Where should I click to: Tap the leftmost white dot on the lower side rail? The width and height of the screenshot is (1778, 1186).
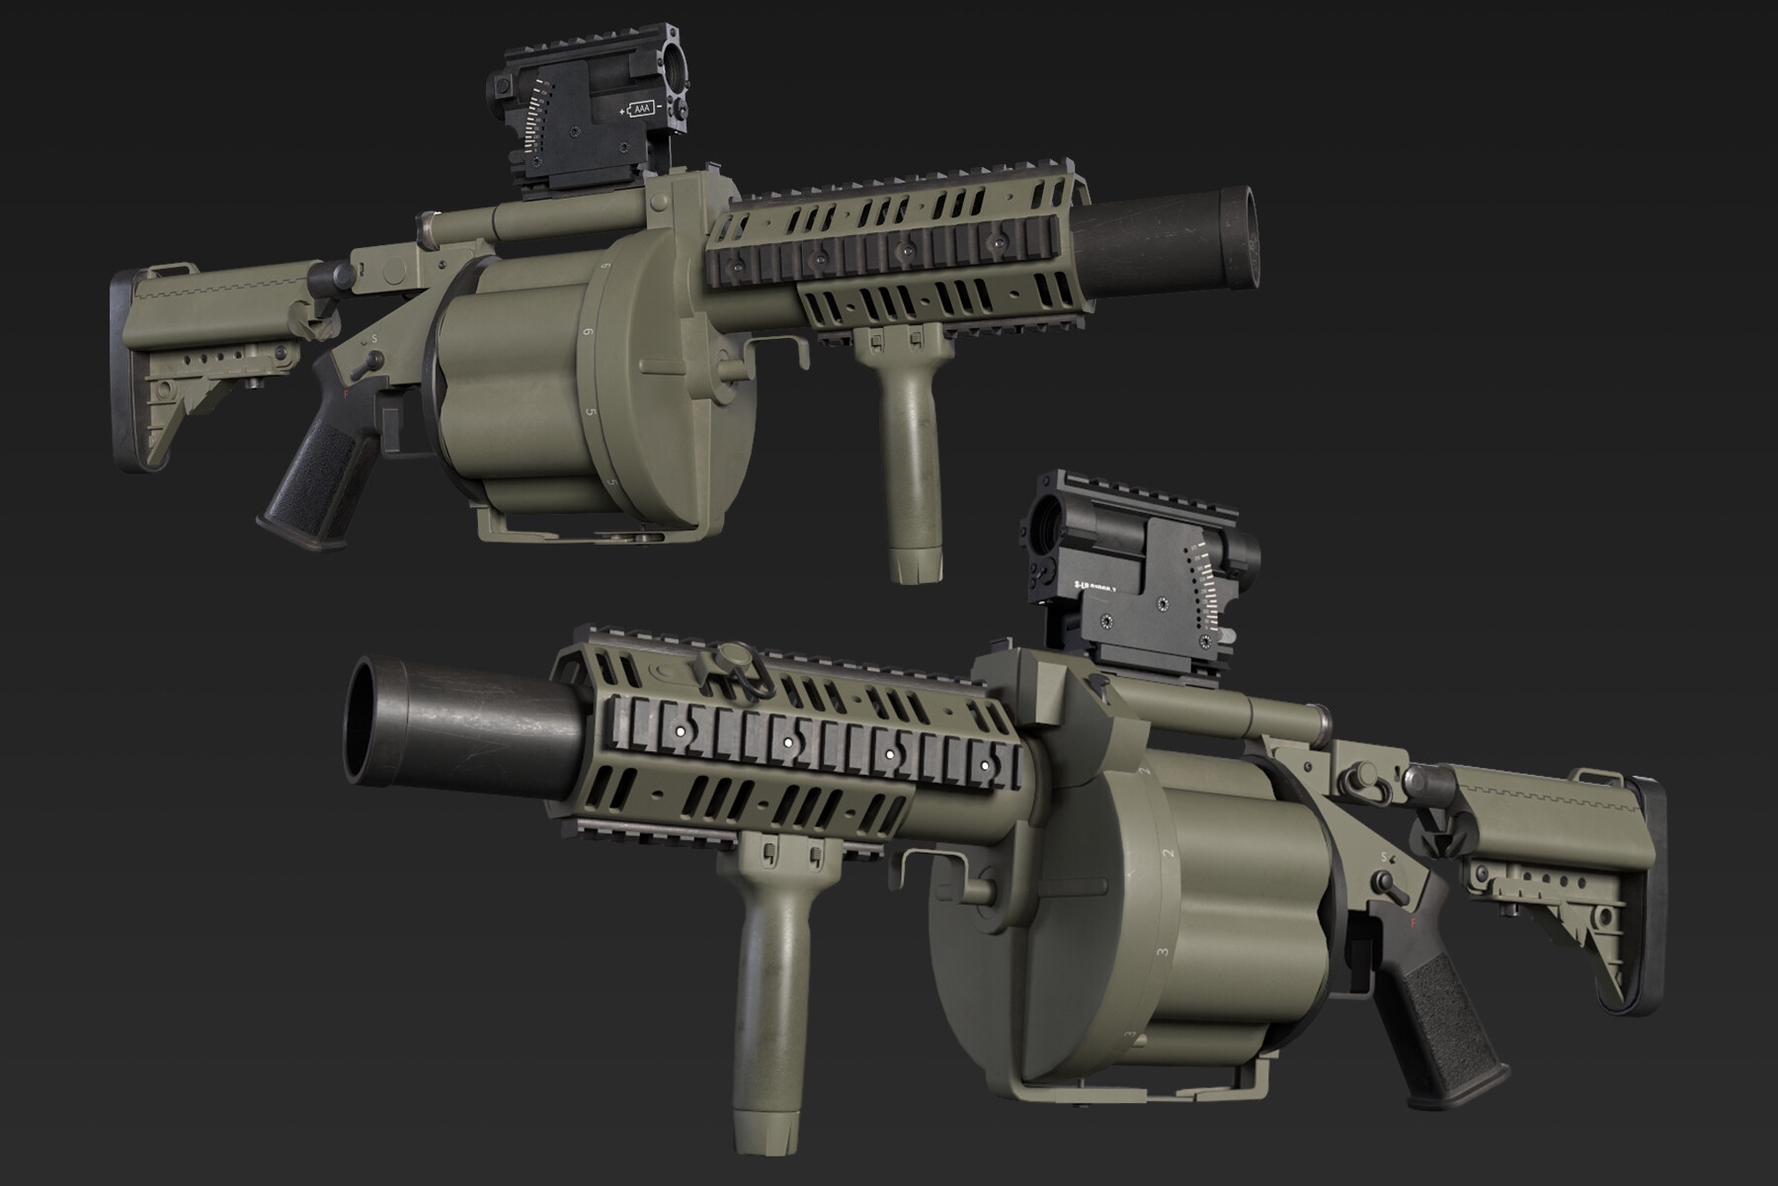680,728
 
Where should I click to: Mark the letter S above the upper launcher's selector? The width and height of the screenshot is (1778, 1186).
374,338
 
